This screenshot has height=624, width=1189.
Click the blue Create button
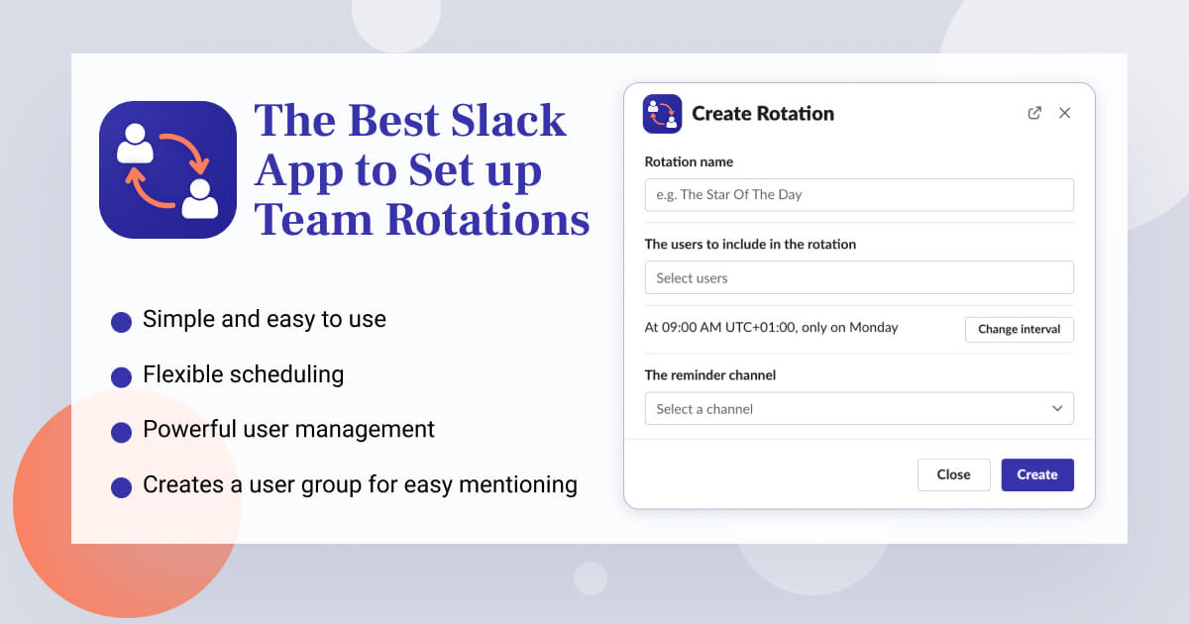point(1036,474)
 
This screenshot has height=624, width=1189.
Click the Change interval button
point(1019,329)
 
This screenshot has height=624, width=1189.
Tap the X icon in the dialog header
point(1064,113)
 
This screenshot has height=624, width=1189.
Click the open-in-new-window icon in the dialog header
point(1034,113)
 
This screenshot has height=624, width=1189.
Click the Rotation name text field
point(858,194)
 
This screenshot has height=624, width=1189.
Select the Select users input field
point(858,277)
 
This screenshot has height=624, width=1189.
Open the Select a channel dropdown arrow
point(1057,408)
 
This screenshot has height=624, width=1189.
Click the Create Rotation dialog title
point(762,114)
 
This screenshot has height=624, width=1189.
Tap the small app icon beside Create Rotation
point(662,114)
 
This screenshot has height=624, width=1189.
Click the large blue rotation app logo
point(167,169)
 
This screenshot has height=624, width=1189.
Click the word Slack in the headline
point(508,121)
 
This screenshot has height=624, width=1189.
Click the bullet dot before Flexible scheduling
point(121,377)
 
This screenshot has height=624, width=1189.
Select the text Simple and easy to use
point(264,319)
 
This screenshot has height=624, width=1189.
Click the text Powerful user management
point(288,429)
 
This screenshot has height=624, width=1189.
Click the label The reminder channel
point(709,375)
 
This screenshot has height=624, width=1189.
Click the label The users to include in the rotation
point(750,244)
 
